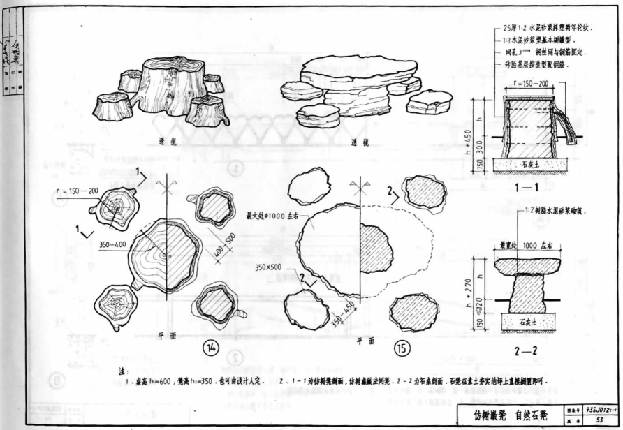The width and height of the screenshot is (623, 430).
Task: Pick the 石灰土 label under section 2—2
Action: (x=530, y=322)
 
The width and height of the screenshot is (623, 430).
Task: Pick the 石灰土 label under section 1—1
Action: (x=529, y=165)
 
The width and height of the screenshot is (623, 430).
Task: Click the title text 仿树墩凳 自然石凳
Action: (x=511, y=415)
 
